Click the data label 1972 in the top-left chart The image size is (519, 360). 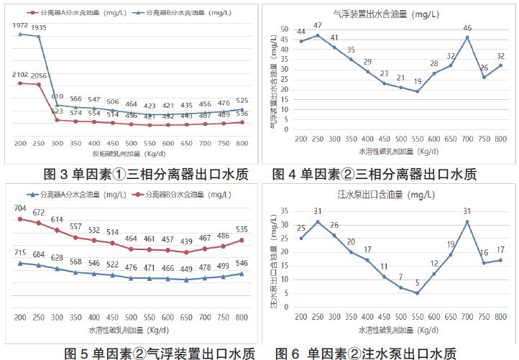[20, 26]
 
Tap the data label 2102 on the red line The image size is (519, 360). [20, 75]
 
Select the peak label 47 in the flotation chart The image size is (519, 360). [318, 27]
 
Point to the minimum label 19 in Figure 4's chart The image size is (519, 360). [418, 83]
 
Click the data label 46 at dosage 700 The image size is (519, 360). [467, 29]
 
